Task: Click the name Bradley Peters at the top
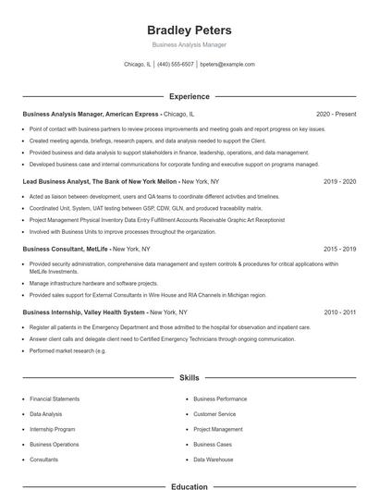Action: [x=189, y=31]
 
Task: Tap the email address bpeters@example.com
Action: [x=227, y=65]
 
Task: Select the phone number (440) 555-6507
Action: [x=176, y=65]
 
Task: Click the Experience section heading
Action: [x=189, y=96]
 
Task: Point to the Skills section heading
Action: [x=189, y=378]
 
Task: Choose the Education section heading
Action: [x=189, y=485]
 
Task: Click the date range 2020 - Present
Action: [x=336, y=114]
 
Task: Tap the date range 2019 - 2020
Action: [x=339, y=182]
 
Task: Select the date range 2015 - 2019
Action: [x=339, y=250]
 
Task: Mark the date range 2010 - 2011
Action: [x=339, y=312]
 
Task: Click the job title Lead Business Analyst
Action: [x=60, y=182]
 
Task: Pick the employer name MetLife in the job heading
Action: [x=97, y=250]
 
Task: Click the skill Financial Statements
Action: [x=55, y=398]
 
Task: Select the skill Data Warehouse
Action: [x=214, y=459]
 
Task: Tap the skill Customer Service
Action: [x=214, y=414]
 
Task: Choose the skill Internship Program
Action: [x=53, y=429]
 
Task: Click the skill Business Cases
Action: [x=213, y=445]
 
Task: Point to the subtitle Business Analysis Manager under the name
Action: [x=189, y=44]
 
